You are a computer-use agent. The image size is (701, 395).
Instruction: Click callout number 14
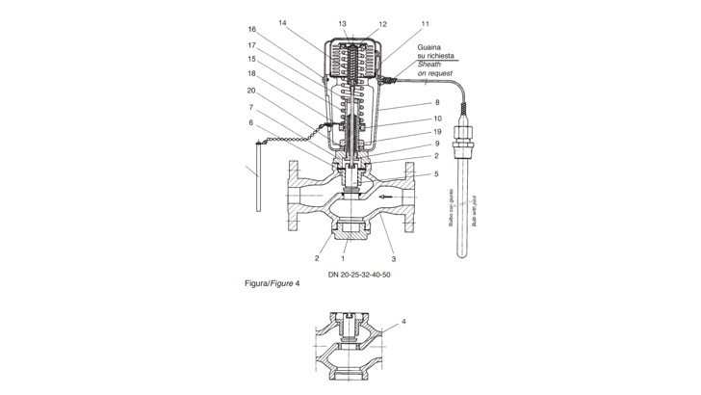click(282, 23)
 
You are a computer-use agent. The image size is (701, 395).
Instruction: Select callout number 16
click(252, 30)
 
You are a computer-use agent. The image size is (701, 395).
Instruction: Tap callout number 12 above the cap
click(382, 24)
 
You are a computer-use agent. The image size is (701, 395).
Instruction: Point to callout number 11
click(426, 24)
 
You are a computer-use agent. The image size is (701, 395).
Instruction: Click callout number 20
click(251, 91)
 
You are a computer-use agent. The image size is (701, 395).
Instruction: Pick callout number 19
click(437, 132)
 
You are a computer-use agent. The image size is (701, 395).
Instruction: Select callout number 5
click(437, 174)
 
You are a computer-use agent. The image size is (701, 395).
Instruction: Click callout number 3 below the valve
click(394, 259)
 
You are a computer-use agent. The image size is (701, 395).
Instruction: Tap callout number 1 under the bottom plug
click(344, 258)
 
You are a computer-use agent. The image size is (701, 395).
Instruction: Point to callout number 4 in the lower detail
click(403, 322)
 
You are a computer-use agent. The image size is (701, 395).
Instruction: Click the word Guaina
click(429, 47)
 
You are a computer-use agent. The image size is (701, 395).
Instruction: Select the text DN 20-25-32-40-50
click(359, 275)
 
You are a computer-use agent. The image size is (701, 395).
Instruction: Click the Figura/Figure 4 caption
click(273, 283)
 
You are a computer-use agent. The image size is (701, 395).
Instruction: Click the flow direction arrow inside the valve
click(386, 197)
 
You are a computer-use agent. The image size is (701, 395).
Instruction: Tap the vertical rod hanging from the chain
click(258, 176)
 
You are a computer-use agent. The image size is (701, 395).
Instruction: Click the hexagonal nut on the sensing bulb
click(463, 134)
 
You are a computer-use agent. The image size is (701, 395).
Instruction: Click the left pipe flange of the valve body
click(294, 196)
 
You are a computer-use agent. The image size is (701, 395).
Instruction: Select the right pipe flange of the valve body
click(409, 197)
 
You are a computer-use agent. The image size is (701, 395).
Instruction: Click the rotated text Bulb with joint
click(474, 210)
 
